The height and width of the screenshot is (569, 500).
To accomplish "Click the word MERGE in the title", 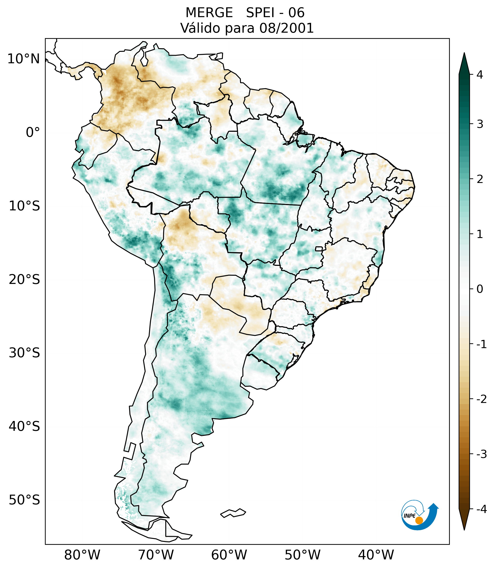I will [x=209, y=13].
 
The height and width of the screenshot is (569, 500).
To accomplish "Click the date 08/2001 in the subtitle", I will [x=286, y=28].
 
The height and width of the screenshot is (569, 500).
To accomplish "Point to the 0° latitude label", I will [x=33, y=132].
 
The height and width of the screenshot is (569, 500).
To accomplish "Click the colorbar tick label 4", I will [x=480, y=75].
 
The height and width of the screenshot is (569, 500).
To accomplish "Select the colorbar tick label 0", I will [x=480, y=289].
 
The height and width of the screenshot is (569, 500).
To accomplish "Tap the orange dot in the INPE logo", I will [x=419, y=520].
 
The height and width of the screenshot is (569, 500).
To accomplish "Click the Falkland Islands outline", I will [x=233, y=513].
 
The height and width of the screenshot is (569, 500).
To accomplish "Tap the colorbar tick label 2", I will [x=480, y=179].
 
